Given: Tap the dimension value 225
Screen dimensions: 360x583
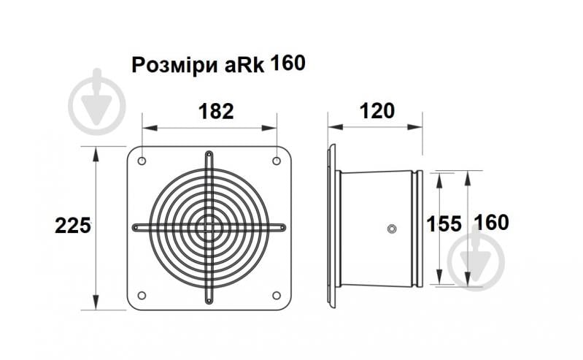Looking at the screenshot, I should pos(73,226).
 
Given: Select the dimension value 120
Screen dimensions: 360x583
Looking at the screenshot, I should pos(377,111).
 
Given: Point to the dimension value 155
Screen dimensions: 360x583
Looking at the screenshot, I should pos(444,224).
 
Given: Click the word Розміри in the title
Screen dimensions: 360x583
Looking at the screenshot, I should pos(173,65).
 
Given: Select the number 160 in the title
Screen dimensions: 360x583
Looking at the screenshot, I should pos(287,64).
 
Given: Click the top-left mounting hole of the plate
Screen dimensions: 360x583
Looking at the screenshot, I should pos(142,161).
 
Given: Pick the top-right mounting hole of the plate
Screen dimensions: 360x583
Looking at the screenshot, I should pos(277,161).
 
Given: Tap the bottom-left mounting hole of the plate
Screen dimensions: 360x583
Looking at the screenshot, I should pos(142,295).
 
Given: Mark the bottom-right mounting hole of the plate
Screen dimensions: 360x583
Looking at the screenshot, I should pos(277,295).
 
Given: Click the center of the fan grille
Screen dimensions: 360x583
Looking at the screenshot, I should pos(209,228).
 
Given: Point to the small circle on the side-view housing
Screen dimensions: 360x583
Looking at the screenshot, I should pos(392,229).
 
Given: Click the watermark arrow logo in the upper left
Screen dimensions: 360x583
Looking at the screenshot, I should pos(96,102).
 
